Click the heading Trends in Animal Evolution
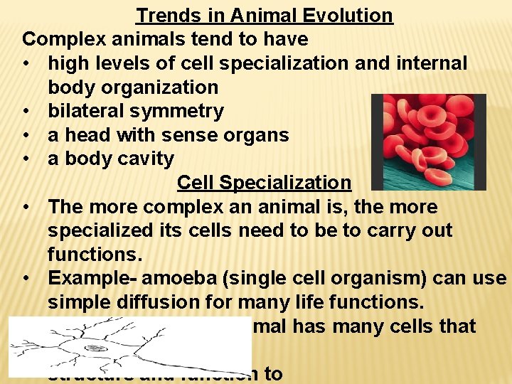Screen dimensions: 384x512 point(264,15)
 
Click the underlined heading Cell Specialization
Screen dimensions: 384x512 point(264,183)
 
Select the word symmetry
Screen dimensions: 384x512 point(183,111)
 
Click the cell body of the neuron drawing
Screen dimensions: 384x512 point(95,348)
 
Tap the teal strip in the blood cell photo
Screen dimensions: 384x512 point(427,178)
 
